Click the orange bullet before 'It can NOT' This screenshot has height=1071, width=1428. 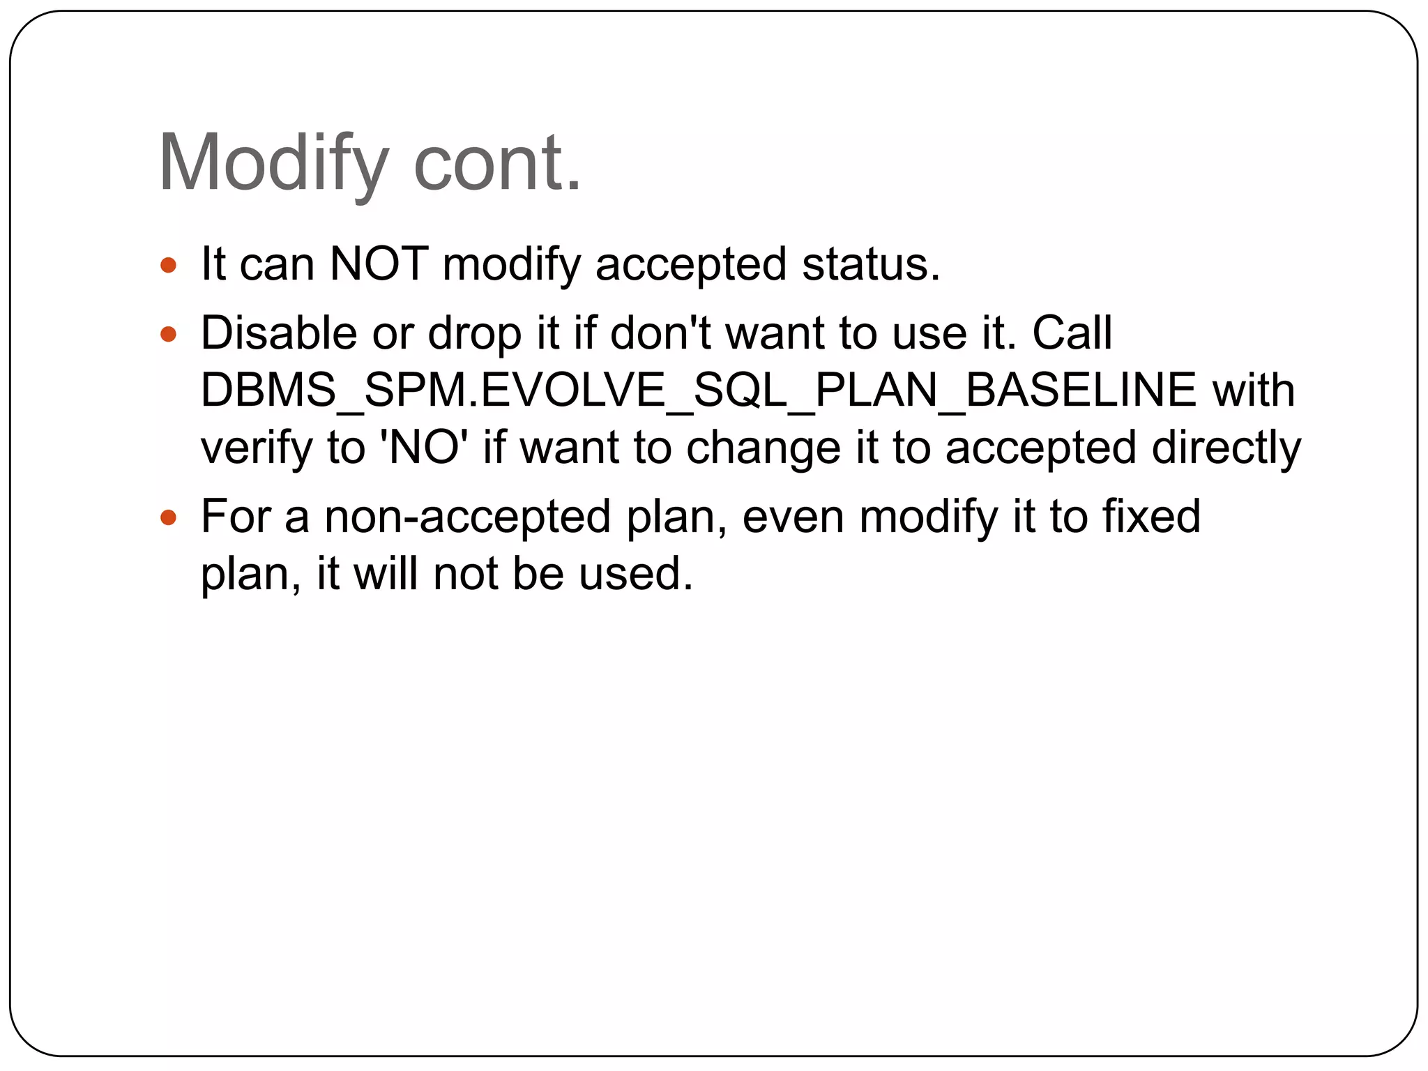[x=168, y=265]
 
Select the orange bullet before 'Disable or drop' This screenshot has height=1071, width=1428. [x=168, y=334]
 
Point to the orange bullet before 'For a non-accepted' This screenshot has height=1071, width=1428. [x=168, y=517]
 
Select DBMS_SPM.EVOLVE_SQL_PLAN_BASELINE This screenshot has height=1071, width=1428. [x=698, y=390]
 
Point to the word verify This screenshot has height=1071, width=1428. [x=257, y=448]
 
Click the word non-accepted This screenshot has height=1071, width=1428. [x=467, y=517]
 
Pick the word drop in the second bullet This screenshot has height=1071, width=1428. [x=475, y=333]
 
